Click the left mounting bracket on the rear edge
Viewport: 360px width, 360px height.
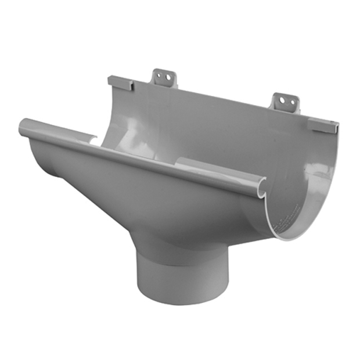[x=164, y=78]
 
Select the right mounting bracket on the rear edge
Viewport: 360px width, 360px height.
[x=285, y=102]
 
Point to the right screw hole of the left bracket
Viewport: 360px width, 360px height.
[x=168, y=76]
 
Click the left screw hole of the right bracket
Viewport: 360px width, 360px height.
[x=282, y=100]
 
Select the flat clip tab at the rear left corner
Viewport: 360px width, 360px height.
[x=121, y=82]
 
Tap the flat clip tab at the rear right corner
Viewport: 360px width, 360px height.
[x=323, y=124]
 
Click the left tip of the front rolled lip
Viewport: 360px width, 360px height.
[x=23, y=127]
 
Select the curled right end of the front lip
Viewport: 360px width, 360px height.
[x=260, y=187]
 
